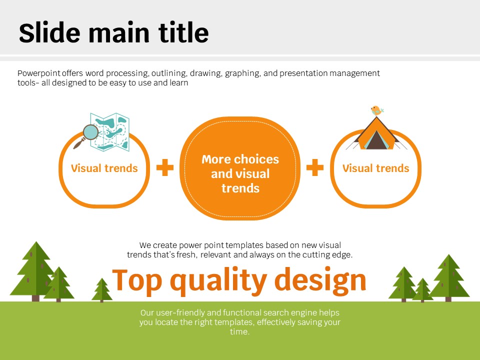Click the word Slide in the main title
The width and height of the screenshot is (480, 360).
click(49, 32)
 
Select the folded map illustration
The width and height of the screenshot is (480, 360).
click(110, 132)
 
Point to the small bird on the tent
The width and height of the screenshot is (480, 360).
click(377, 110)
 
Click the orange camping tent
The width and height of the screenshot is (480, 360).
click(376, 133)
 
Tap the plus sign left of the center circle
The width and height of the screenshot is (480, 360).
click(165, 167)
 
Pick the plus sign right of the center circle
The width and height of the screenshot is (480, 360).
click(315, 167)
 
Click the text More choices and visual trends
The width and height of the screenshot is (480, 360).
click(240, 173)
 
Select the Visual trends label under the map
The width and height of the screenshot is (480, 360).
click(104, 168)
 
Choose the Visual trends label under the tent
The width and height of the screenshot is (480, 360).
click(375, 168)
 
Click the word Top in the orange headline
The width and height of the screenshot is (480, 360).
click(137, 280)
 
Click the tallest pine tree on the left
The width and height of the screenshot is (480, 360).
click(35, 271)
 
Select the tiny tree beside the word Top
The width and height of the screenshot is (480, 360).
click(102, 290)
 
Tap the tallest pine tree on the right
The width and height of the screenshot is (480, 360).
click(449, 277)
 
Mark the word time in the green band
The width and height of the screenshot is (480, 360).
click(239, 332)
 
